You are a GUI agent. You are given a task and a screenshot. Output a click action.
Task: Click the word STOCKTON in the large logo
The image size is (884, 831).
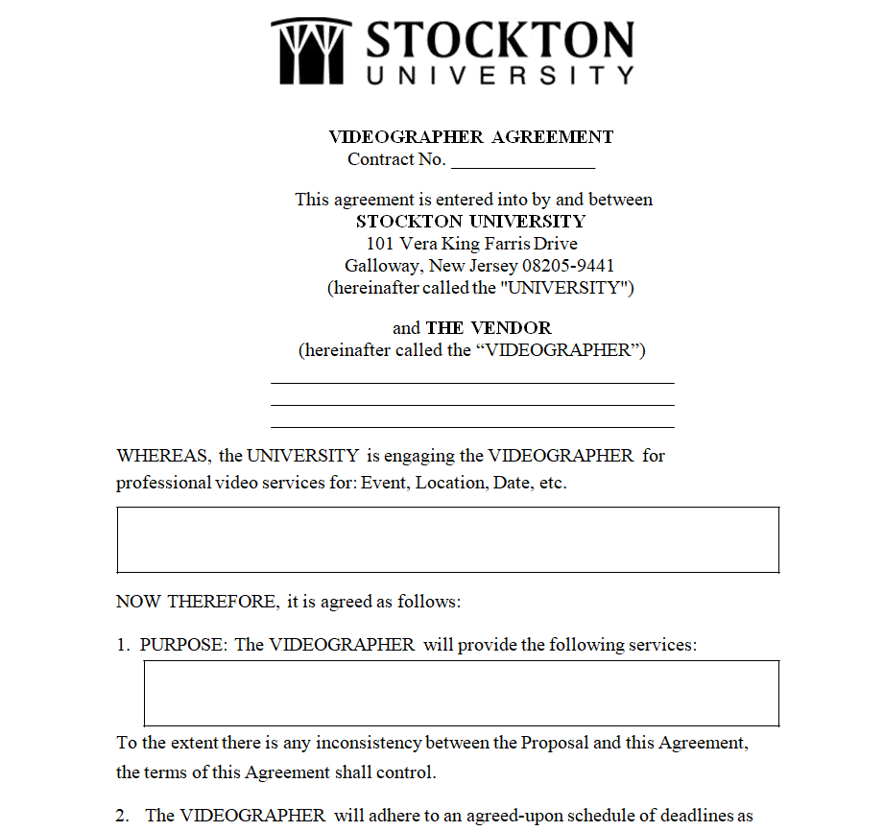pos(500,40)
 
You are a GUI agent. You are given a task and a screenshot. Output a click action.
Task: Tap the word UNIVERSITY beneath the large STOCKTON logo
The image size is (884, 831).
pos(500,75)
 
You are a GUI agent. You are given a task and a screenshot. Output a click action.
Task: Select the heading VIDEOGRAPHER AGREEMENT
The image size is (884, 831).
pos(470,137)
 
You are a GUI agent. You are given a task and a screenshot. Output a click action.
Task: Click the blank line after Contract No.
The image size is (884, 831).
pos(523,161)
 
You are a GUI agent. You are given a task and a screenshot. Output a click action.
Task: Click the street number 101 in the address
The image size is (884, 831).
pos(380,244)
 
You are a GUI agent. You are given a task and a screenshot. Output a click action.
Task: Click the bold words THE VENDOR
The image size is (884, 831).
pos(489,328)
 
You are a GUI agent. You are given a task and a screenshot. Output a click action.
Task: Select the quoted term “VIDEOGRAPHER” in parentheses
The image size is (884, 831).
pos(559,350)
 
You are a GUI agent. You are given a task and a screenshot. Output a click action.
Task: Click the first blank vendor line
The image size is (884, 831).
pos(472,382)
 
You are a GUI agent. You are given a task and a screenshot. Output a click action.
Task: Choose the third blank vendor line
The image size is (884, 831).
pos(472,427)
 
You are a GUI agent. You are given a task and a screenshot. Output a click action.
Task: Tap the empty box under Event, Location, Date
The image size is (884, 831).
pos(447,540)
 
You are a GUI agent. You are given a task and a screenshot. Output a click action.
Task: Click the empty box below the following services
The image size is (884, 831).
pos(461,693)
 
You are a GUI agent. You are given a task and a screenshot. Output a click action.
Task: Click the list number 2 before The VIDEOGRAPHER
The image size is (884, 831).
pos(122,817)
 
